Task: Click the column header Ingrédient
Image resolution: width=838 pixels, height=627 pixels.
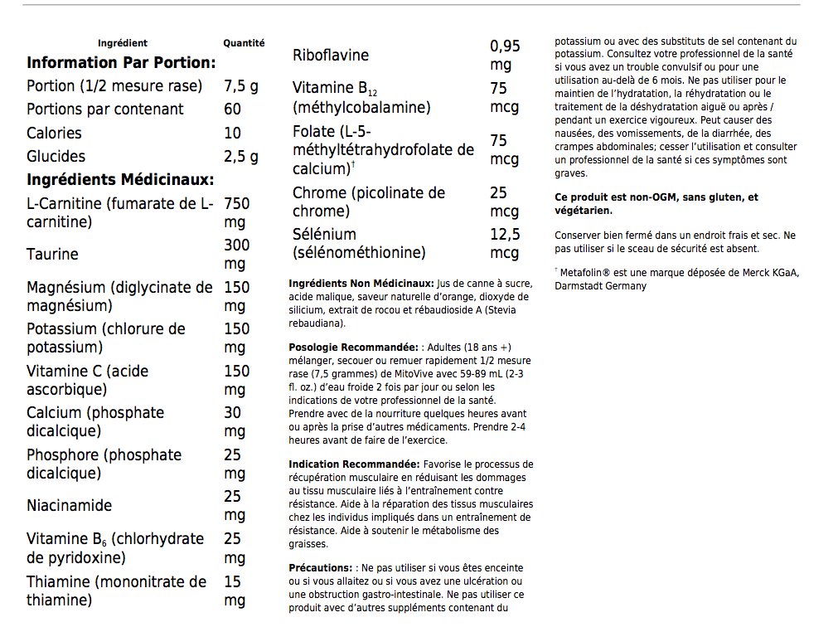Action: click(123, 43)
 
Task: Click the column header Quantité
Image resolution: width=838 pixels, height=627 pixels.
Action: click(244, 43)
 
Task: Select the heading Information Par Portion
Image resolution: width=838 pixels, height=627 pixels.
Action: click(121, 63)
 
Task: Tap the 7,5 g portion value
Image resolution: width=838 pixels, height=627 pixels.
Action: click(241, 86)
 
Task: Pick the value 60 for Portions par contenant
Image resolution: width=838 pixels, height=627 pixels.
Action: click(233, 109)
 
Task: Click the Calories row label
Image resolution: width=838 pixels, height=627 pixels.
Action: click(54, 133)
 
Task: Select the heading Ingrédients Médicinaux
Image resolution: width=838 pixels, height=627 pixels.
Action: click(120, 180)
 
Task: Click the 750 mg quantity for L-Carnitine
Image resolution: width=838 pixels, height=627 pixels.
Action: click(237, 213)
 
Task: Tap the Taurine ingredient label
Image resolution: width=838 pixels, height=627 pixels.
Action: click(52, 255)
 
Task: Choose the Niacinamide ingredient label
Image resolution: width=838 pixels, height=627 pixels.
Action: click(69, 506)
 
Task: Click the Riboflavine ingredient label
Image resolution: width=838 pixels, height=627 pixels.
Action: click(331, 56)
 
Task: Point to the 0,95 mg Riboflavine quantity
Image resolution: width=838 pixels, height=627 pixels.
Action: click(505, 56)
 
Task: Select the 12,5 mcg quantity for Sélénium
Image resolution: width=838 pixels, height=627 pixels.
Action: click(505, 243)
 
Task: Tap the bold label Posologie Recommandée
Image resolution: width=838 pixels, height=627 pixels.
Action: click(353, 347)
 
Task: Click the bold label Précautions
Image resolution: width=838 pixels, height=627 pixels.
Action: click(319, 568)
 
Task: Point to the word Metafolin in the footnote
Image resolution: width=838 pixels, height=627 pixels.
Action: click(585, 272)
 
